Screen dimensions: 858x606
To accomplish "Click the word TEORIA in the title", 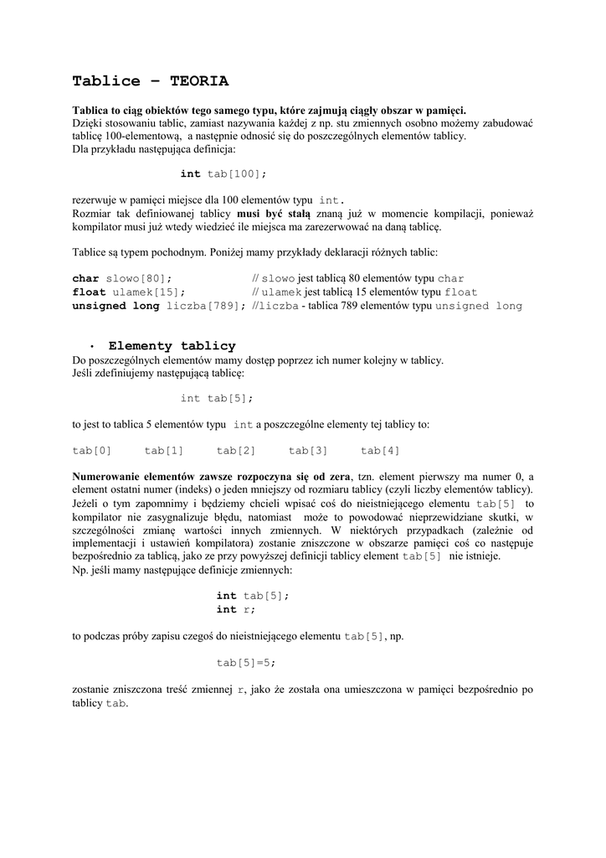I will tap(198, 81).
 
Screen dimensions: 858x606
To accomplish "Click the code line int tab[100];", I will tap(223, 173).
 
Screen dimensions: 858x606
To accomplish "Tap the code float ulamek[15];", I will tap(126, 292).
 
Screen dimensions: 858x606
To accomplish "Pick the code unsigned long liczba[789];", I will tap(159, 307).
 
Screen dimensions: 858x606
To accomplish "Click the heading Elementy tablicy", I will tap(172, 346).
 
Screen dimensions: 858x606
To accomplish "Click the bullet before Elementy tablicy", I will tap(90, 347).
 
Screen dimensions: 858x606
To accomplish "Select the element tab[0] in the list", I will tap(91, 451).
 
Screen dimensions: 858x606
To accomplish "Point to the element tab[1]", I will tap(163, 451).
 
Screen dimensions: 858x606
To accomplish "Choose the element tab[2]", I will tap(236, 451).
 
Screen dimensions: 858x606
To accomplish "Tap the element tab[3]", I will tap(308, 451).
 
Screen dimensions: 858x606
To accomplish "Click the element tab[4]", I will tap(380, 451).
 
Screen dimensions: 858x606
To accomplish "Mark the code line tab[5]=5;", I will tap(246, 663).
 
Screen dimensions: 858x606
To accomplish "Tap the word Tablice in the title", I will tap(106, 81).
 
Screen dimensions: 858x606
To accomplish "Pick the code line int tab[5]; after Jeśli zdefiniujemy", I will tap(216, 399).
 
